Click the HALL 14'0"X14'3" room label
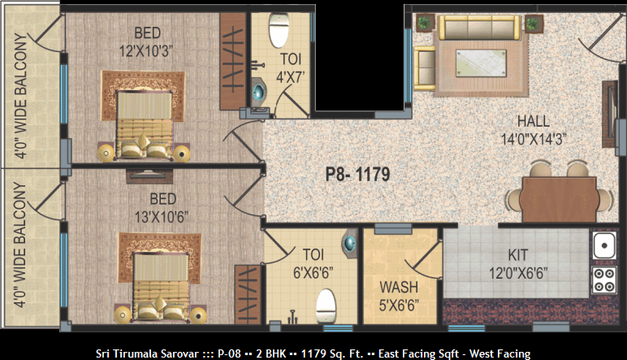click(534, 130)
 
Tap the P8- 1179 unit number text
click(357, 175)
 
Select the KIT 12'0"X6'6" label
click(518, 264)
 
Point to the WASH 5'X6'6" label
click(399, 297)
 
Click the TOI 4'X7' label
click(291, 68)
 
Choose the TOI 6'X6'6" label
click(313, 263)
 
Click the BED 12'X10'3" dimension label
click(146, 42)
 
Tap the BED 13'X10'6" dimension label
click(162, 208)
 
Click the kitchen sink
click(604, 245)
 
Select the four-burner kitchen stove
click(603, 280)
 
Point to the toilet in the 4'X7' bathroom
click(279, 30)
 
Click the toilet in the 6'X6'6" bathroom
click(326, 306)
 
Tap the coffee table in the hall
click(481, 63)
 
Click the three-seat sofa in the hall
click(479, 28)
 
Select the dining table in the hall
click(560, 199)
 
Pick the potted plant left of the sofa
click(424, 23)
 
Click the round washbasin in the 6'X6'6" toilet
click(349, 243)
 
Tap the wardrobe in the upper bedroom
click(233, 61)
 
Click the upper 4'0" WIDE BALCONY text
click(20, 96)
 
